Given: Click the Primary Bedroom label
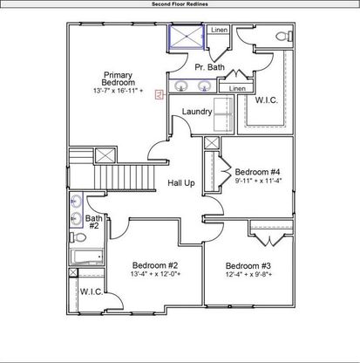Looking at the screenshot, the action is (x=118, y=79).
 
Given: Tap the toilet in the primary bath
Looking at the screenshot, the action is (x=284, y=37).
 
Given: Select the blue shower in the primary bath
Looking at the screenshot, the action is (x=187, y=37).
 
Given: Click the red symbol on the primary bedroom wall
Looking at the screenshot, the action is (x=159, y=94).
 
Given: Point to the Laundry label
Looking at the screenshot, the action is (x=197, y=112).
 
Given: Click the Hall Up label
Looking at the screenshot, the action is (x=181, y=183).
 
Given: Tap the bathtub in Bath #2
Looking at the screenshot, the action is (x=86, y=257).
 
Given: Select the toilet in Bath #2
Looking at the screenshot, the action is (x=78, y=237).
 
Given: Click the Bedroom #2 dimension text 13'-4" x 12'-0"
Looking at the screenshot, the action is (x=156, y=274).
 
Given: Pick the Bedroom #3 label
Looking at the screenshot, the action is (x=248, y=265).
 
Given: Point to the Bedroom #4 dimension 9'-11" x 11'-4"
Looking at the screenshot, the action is (x=258, y=181).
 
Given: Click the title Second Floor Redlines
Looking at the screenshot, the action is (x=180, y=4).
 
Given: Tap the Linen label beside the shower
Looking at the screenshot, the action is (x=219, y=30).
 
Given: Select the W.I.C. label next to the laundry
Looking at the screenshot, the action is (x=267, y=100).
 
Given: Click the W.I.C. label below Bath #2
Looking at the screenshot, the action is (x=92, y=291).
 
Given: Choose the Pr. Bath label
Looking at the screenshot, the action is (x=209, y=67).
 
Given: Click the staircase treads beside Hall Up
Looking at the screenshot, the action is (x=125, y=178).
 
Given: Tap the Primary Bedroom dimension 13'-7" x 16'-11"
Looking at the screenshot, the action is (x=118, y=91).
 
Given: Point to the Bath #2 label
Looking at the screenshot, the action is (x=94, y=222).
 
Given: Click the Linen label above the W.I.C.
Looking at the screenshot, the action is (x=237, y=88).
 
